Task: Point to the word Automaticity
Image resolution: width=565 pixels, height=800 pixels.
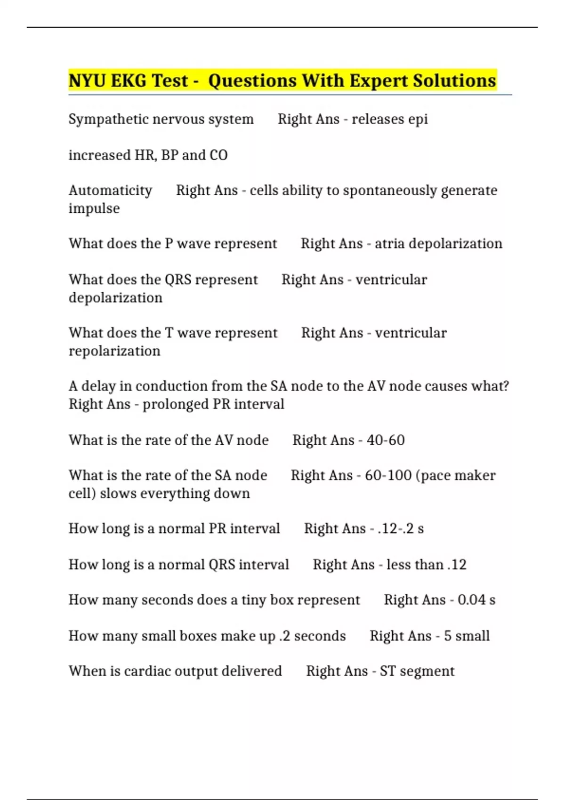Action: (110, 191)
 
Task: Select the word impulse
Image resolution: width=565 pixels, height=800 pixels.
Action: (94, 208)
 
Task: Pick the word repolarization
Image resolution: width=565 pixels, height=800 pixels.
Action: (114, 351)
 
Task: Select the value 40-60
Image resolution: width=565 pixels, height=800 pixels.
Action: (386, 440)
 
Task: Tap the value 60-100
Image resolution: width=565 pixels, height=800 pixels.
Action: (388, 475)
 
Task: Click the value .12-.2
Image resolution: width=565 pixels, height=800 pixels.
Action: (395, 529)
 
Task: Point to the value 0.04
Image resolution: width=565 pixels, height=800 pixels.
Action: (471, 600)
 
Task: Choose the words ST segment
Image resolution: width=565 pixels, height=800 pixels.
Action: (417, 671)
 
